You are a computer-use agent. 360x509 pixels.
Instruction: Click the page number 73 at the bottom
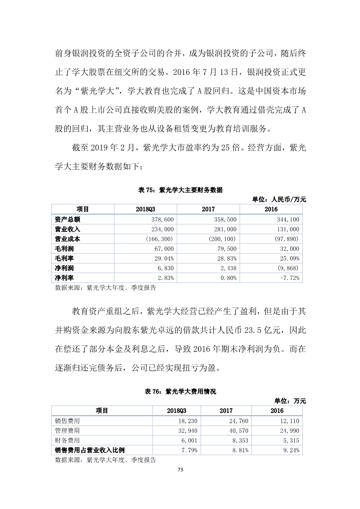[180, 469]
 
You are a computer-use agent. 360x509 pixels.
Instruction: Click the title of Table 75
[180, 191]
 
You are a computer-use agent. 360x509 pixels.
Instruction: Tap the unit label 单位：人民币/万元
[279, 199]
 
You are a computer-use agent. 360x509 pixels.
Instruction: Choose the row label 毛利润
[64, 249]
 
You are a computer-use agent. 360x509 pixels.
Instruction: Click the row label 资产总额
[67, 220]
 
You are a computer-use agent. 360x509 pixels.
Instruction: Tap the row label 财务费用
[67, 440]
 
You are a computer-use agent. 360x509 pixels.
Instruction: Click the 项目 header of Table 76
[102, 411]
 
